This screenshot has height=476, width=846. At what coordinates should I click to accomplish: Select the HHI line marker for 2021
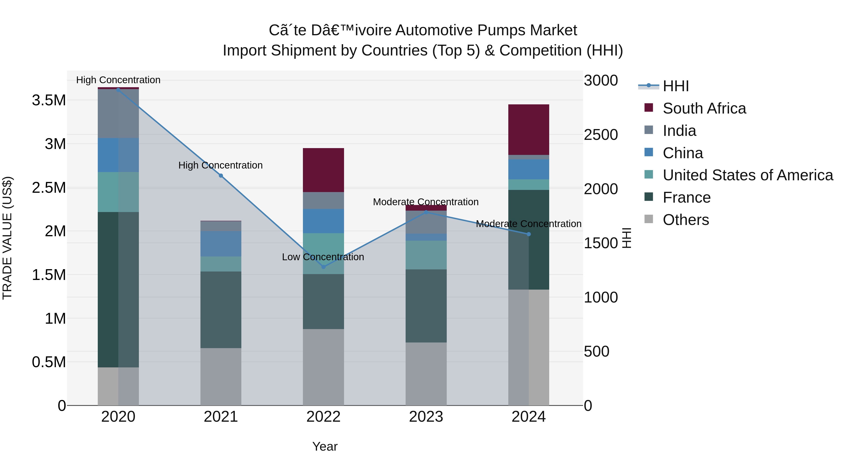[x=221, y=176]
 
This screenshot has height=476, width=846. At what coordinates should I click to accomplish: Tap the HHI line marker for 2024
[x=529, y=234]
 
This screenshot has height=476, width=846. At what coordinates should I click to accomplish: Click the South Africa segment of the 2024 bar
[x=529, y=130]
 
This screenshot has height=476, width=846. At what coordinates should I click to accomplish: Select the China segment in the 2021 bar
[x=221, y=244]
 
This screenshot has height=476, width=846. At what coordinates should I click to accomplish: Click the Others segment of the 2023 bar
[x=426, y=374]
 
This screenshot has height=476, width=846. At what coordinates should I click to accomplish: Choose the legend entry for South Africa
[x=704, y=108]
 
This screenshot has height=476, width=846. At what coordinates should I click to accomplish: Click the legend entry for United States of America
[x=748, y=175]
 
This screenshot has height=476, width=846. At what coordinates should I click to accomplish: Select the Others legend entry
[x=685, y=220]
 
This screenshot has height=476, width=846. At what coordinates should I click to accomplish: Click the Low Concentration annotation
[x=323, y=257]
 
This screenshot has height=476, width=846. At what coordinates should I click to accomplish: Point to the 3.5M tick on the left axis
[x=49, y=100]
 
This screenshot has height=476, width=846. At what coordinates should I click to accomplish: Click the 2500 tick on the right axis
[x=601, y=135]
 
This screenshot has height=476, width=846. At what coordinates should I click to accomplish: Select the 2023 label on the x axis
[x=426, y=417]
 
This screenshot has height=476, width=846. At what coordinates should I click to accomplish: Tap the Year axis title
[x=325, y=446]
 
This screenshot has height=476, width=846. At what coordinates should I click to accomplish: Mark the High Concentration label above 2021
[x=220, y=165]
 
